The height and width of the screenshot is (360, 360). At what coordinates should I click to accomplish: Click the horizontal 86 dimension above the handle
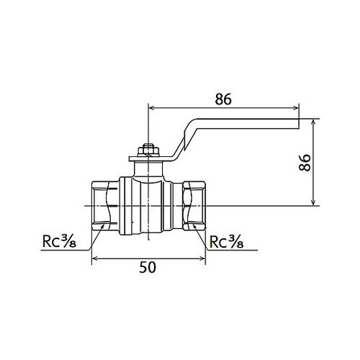click(223, 99)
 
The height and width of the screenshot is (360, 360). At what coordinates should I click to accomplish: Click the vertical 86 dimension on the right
click(305, 163)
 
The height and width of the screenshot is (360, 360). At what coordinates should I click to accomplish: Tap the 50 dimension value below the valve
click(148, 267)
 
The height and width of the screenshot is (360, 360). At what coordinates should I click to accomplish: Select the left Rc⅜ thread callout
click(59, 241)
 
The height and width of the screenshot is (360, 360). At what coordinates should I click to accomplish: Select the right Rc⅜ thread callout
click(227, 241)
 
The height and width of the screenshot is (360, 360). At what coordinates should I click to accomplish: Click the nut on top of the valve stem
click(149, 150)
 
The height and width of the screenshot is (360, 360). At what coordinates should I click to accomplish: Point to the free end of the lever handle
click(299, 124)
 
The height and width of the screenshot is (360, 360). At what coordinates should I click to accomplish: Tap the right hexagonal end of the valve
click(194, 206)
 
